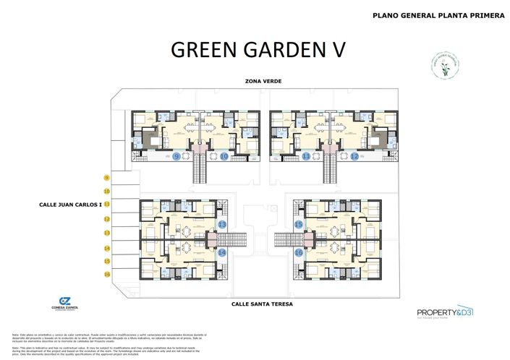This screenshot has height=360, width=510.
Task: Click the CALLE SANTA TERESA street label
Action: coord(262,304)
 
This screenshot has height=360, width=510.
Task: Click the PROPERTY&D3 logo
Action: coord(444,313)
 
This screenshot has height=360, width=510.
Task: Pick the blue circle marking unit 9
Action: coord(177,156)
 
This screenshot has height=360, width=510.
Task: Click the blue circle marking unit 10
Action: coord(224,156)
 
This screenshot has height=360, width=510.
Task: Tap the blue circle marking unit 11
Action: coord(306,156)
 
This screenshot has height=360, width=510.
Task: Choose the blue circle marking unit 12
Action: coord(354,156)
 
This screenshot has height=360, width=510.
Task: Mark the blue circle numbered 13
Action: coord(222,226)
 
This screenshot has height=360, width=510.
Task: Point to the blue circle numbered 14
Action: coord(222,252)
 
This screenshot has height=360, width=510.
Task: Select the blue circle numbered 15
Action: coord(298,226)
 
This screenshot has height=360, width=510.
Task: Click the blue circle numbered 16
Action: coord(298,252)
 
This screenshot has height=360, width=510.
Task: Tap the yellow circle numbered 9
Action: coord(106,178)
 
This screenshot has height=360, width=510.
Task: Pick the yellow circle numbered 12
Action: coord(106,219)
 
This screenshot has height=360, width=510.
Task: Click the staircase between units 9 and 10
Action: coord(200,169)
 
